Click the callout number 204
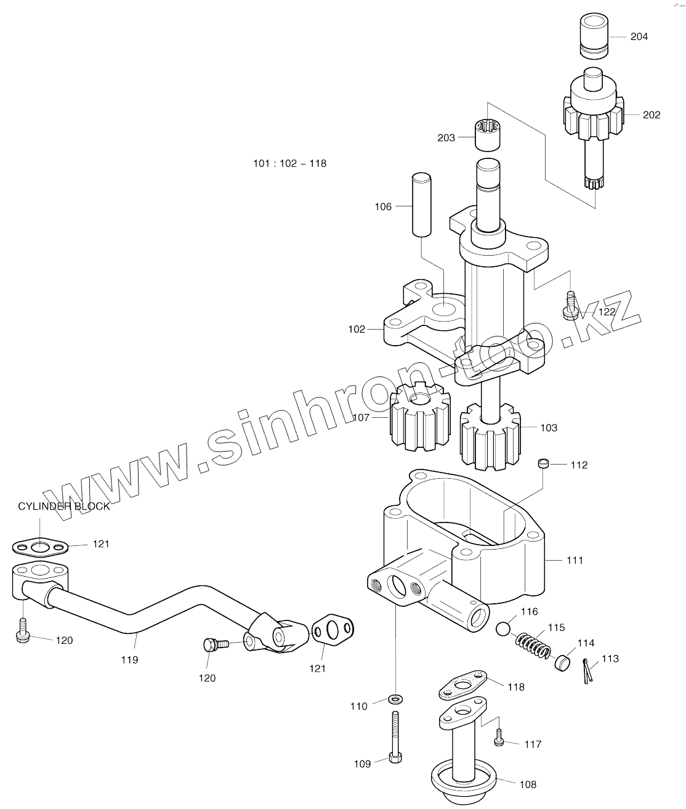click(639, 37)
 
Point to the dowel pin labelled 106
click(421, 205)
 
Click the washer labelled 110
click(394, 699)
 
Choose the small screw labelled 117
click(499, 739)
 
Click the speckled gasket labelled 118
click(464, 684)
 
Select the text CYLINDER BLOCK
click(64, 506)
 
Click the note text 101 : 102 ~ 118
click(289, 164)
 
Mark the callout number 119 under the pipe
click(129, 659)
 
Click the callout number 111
click(575, 560)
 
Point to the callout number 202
click(651, 115)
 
